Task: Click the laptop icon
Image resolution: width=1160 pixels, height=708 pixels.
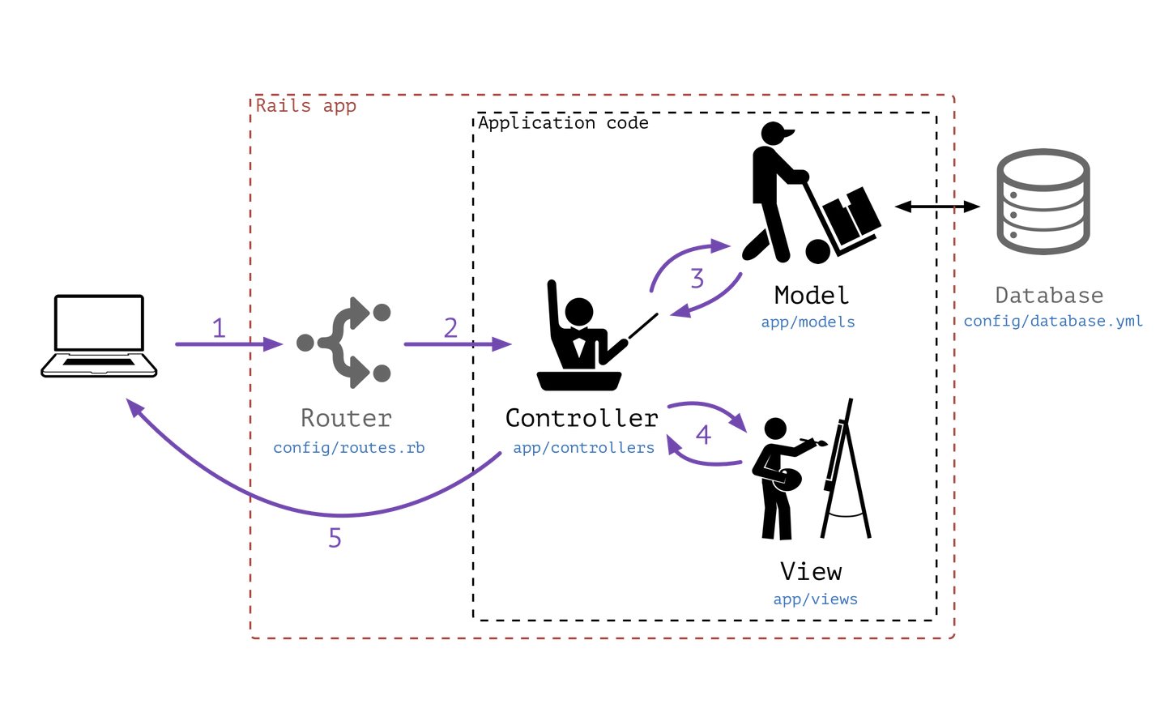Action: [99, 335]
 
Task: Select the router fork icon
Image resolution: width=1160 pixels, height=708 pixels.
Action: [345, 343]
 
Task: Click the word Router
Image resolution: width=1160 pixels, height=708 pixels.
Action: [346, 418]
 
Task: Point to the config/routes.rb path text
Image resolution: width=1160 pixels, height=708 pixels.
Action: [348, 448]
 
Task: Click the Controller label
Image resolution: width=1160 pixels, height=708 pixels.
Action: [581, 418]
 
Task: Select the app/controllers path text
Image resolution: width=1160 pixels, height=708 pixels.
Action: [583, 448]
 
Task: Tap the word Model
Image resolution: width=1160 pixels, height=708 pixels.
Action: [811, 295]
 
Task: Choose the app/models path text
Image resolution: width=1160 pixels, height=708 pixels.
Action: [808, 322]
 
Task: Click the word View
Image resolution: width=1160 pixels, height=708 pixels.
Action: [811, 572]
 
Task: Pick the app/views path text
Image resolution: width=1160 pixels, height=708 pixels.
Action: [815, 599]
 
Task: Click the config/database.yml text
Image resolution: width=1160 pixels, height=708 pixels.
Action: [1052, 322]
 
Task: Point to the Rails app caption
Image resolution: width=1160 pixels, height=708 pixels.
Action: [305, 106]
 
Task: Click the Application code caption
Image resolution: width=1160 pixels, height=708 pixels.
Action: [563, 123]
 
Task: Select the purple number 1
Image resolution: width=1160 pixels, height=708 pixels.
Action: [219, 328]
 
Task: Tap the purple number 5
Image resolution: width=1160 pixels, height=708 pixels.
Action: [335, 538]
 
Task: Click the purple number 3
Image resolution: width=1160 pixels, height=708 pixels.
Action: [697, 279]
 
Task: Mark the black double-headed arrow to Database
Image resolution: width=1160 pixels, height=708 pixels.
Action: [937, 207]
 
